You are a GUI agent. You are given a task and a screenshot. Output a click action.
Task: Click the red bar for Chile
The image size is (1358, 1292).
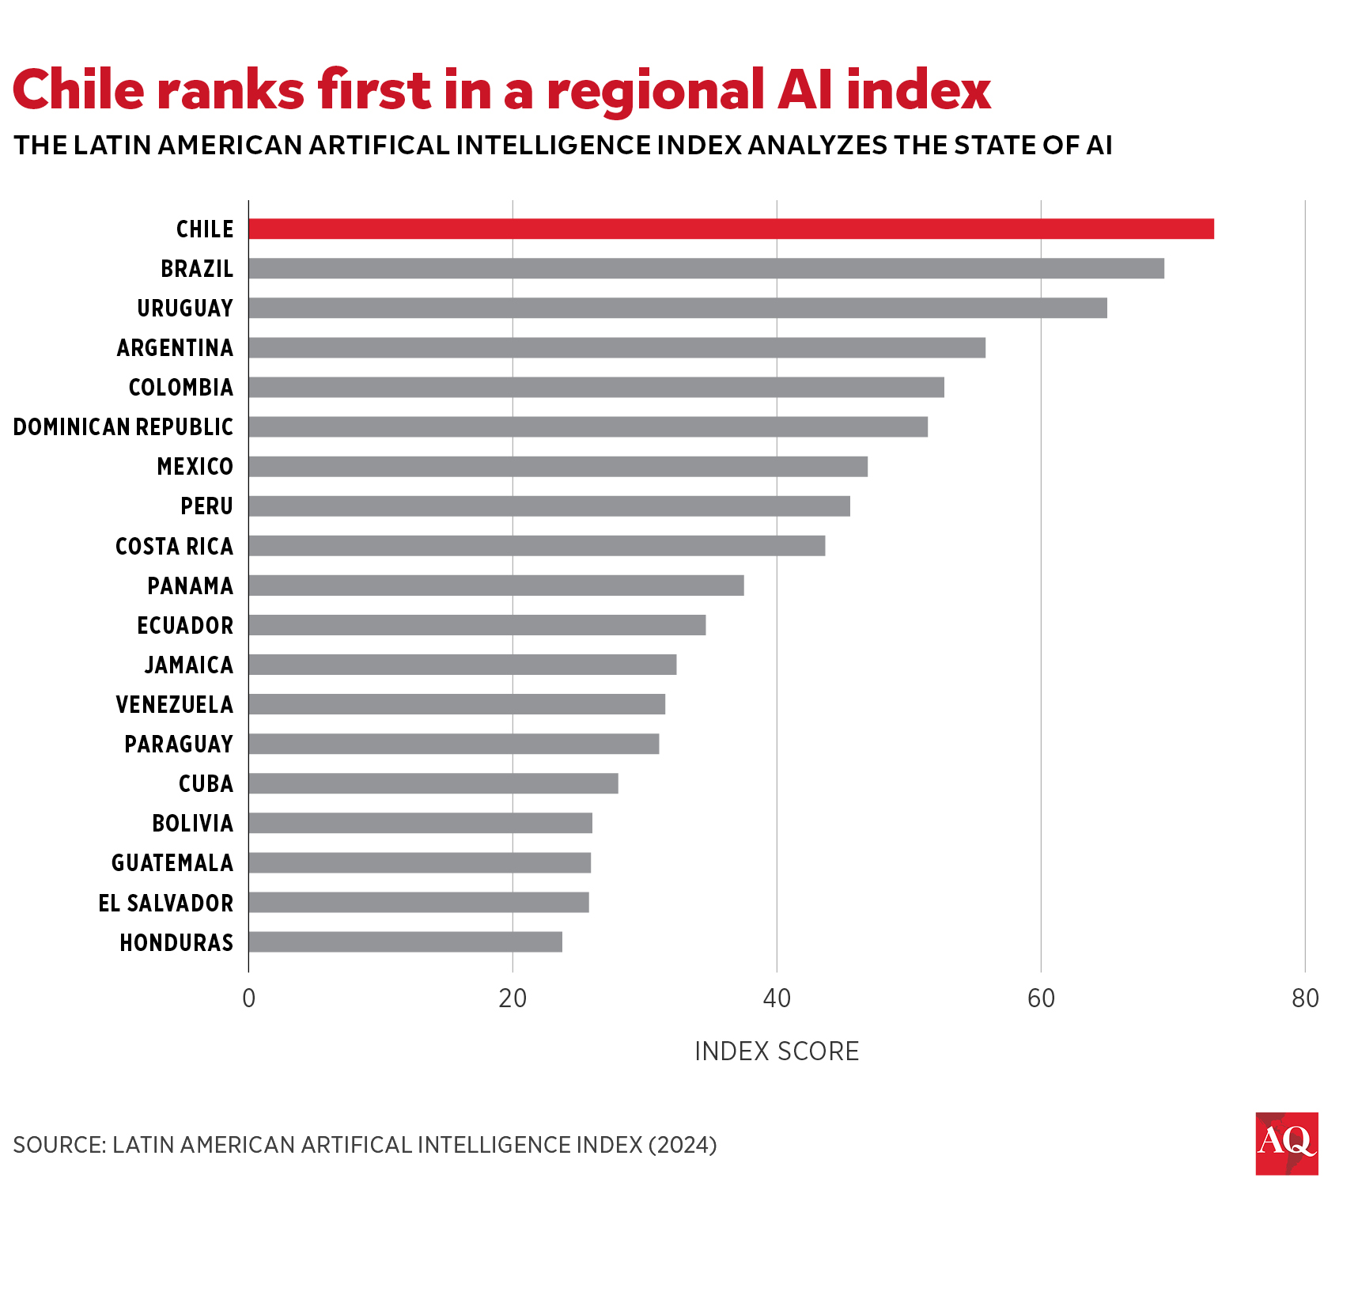point(731,229)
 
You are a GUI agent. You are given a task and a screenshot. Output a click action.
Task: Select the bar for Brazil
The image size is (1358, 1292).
point(706,268)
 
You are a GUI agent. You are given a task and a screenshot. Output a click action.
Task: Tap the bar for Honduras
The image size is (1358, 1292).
point(405,942)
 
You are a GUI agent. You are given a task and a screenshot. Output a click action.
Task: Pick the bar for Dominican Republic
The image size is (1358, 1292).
point(588,426)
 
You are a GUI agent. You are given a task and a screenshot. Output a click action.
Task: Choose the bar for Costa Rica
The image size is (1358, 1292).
point(536,546)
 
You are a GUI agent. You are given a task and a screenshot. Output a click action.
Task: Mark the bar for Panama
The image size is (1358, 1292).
point(496,585)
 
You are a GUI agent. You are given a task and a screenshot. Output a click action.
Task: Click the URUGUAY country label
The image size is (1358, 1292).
point(185,308)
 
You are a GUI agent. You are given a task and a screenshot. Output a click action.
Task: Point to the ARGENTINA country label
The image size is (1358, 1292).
point(175,347)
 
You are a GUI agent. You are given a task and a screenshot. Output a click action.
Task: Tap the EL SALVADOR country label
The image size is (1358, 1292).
point(165,903)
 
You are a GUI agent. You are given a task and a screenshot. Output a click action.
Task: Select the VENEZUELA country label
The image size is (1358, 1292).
point(174,704)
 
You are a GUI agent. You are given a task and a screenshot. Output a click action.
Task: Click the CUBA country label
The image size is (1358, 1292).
point(206,783)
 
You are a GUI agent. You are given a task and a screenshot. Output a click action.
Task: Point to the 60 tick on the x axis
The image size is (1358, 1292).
point(1041,998)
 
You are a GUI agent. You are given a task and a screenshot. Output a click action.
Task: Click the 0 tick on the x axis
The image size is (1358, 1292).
point(248,998)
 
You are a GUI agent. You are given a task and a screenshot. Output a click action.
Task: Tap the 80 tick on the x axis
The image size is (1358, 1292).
point(1305,998)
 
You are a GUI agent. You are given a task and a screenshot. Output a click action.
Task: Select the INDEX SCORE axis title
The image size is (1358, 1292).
point(776,1051)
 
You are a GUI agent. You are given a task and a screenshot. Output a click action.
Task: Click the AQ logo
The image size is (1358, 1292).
point(1286,1143)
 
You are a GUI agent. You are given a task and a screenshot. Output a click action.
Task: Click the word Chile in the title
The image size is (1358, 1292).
point(78,89)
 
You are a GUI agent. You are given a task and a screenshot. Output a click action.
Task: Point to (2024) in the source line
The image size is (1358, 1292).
point(682,1145)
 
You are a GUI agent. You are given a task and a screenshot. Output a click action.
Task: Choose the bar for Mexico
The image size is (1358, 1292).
point(558,466)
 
